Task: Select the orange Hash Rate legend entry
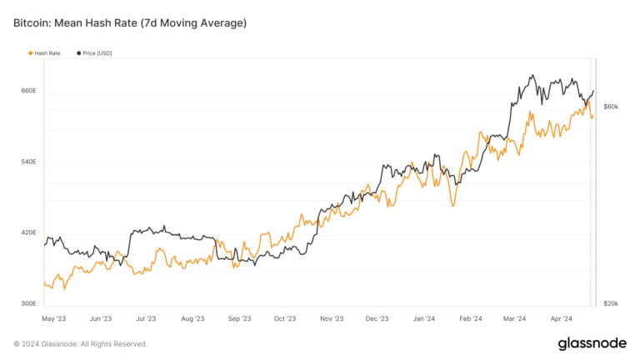pos(47,53)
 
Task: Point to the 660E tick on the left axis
pos(28,90)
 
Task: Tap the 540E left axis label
pos(28,161)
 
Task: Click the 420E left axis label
pos(28,232)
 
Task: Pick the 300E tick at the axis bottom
pos(28,303)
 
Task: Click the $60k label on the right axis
pos(611,107)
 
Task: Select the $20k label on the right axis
pos(611,303)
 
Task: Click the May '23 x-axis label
pos(53,318)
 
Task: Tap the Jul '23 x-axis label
pos(146,318)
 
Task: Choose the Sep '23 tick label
pos(239,318)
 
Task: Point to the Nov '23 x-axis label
pos(332,318)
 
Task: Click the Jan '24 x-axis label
pos(423,318)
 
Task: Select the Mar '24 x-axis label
pos(515,318)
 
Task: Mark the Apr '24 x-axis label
pos(562,318)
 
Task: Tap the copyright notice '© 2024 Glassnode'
pos(80,343)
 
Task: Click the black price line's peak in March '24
pos(531,76)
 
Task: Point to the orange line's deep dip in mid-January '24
pos(452,205)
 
